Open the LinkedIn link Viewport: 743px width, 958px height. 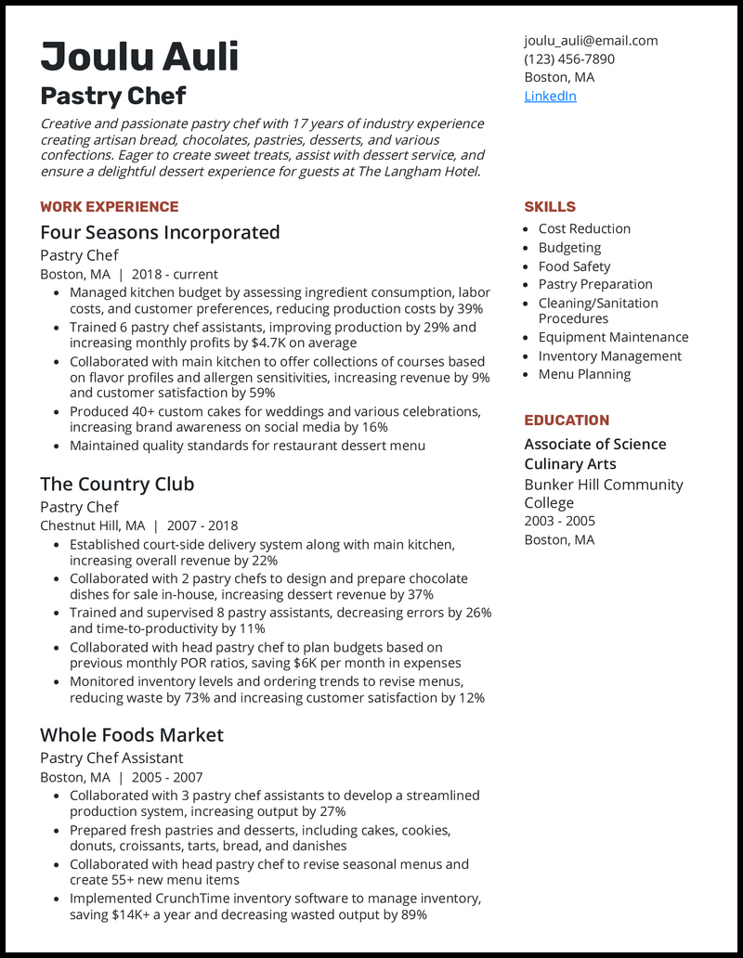click(550, 96)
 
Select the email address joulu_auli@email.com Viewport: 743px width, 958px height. click(591, 40)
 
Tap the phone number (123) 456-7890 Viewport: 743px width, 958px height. click(568, 58)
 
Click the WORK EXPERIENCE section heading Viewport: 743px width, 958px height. click(109, 206)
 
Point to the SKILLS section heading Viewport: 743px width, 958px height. click(550, 206)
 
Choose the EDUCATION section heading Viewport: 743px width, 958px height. click(567, 420)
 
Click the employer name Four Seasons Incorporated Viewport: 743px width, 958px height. click(160, 232)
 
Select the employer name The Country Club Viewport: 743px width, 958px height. click(117, 484)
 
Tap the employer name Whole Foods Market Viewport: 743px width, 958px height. click(132, 734)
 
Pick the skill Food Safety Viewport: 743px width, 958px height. click(574, 265)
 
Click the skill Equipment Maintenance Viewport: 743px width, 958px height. click(613, 337)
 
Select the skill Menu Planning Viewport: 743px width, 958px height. click(584, 374)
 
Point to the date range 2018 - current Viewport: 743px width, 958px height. click(175, 274)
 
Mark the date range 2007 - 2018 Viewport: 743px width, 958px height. click(202, 525)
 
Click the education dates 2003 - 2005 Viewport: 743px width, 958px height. click(559, 521)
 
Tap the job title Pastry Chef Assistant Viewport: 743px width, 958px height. click(111, 757)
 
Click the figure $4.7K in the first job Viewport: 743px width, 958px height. click(271, 343)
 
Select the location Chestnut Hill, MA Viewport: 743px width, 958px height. click(92, 525)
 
